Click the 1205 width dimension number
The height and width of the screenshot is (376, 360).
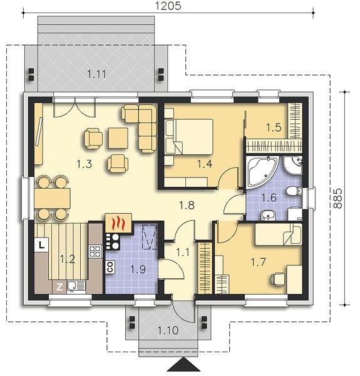point(168,6)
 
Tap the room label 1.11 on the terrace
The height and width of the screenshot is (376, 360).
point(96,74)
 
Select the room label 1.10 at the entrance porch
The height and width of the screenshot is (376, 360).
point(168,330)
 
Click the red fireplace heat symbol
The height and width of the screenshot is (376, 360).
point(118,222)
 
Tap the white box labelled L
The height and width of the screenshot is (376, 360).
point(42,245)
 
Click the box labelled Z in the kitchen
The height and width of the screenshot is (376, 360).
point(59,287)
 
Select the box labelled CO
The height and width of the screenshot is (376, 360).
point(110,267)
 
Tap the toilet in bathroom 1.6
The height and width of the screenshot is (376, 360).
point(294,191)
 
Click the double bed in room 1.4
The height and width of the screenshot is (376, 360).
point(188,137)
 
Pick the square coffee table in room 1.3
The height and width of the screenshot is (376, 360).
point(118,138)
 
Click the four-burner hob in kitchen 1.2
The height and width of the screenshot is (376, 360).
point(95,251)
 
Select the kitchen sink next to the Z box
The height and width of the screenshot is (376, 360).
point(76,287)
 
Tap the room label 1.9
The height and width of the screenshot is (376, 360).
point(138,269)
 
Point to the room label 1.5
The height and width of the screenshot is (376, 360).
point(274,127)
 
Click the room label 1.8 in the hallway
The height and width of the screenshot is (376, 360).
point(187,205)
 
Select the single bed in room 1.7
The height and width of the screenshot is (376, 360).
point(278,234)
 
